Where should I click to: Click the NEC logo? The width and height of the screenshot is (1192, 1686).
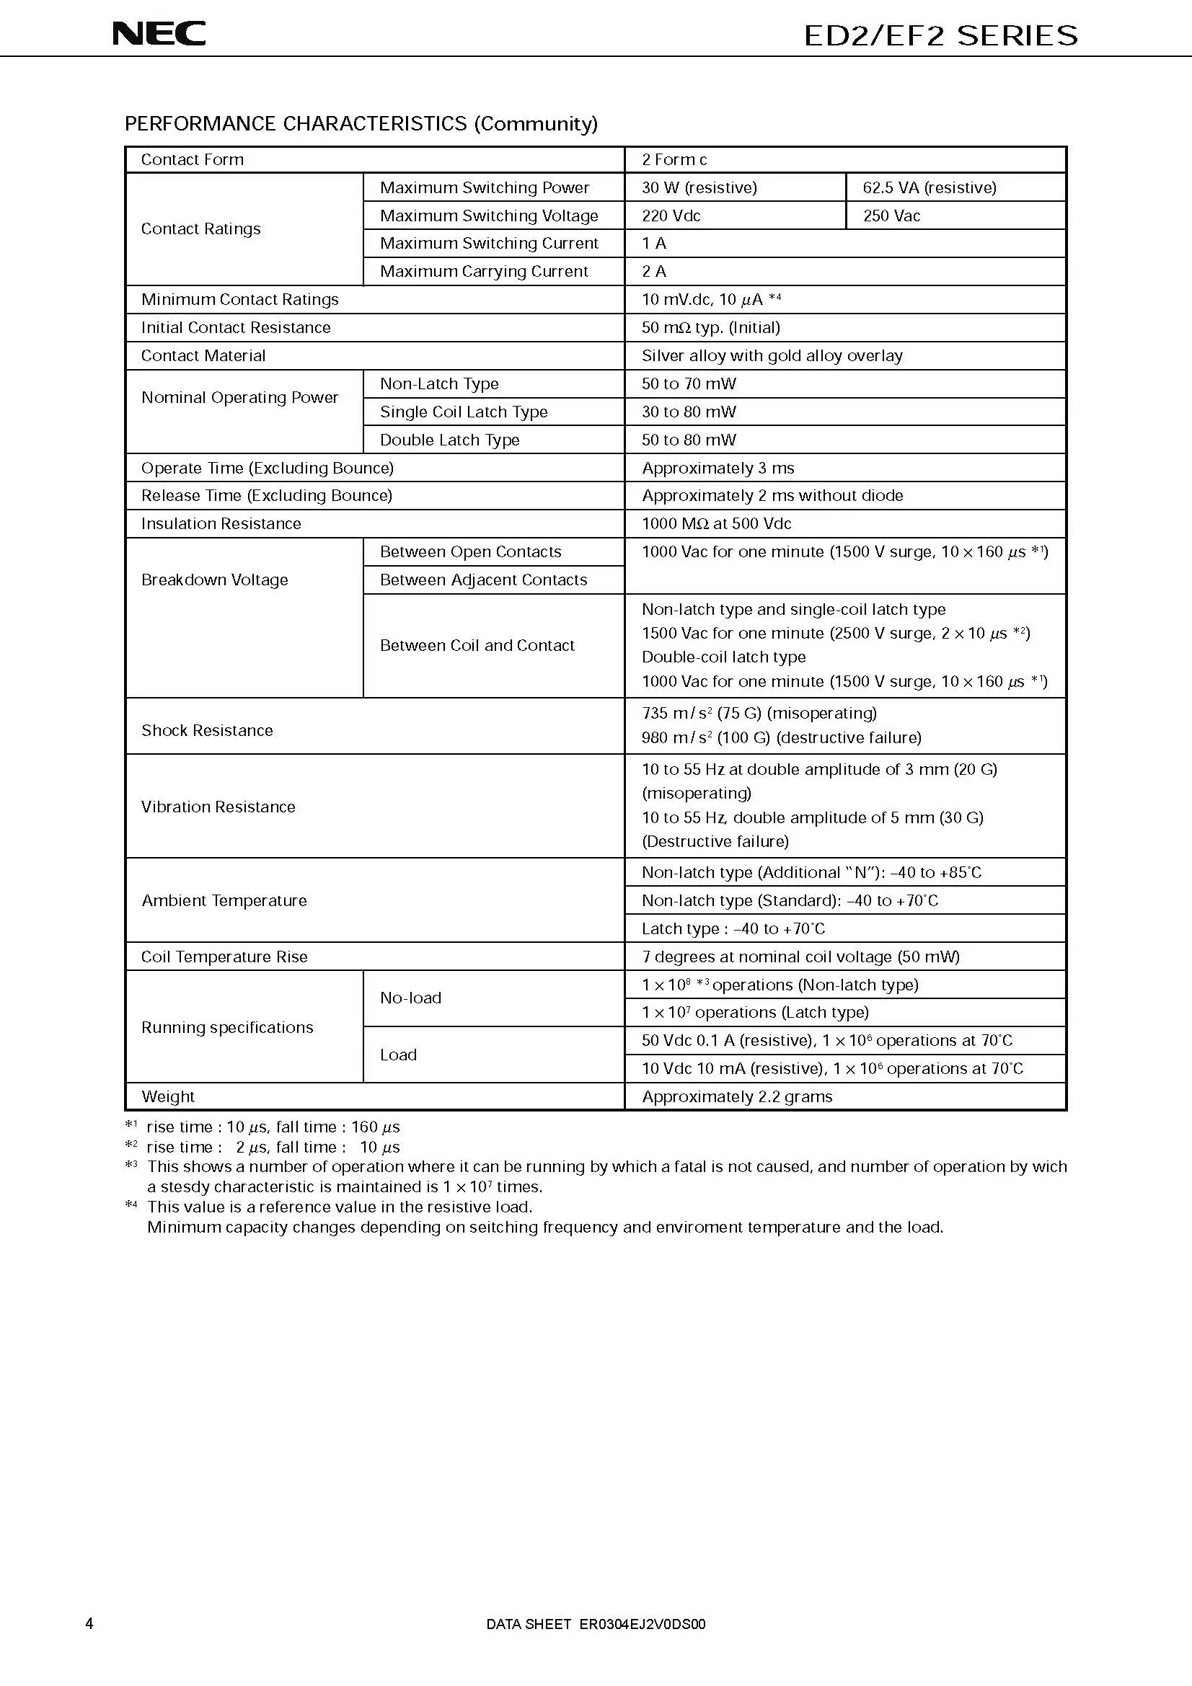click(x=159, y=34)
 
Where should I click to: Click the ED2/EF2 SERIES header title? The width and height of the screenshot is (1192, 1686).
click(x=941, y=35)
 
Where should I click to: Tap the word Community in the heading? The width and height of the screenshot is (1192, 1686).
click(x=536, y=123)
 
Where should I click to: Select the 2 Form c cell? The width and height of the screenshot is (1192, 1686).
click(x=674, y=159)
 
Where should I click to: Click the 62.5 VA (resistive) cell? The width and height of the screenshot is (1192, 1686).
click(x=929, y=187)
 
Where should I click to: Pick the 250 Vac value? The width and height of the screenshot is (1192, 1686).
click(x=891, y=216)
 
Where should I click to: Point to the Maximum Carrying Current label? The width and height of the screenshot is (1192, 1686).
click(x=484, y=271)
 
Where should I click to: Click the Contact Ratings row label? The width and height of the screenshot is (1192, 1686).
click(x=200, y=229)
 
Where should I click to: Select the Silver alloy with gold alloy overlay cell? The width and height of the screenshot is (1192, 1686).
click(x=772, y=355)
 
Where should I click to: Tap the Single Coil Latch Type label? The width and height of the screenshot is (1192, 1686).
click(x=464, y=412)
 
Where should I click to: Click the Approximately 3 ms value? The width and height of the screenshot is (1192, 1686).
click(x=718, y=468)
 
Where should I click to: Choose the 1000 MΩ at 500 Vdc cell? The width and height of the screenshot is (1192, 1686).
click(x=716, y=523)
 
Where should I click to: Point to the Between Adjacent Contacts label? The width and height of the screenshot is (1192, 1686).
click(x=483, y=580)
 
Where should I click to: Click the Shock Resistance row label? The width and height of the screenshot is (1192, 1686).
click(x=206, y=730)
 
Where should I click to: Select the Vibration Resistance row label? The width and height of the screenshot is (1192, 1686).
click(x=218, y=807)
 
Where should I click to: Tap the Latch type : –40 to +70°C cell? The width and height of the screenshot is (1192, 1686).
click(x=733, y=928)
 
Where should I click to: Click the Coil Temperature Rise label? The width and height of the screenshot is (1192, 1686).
click(x=224, y=957)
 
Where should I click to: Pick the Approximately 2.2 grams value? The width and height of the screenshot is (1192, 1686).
click(x=737, y=1096)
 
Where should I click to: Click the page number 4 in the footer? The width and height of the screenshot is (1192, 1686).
click(x=89, y=1623)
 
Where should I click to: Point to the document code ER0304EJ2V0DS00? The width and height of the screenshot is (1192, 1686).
click(x=642, y=1624)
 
